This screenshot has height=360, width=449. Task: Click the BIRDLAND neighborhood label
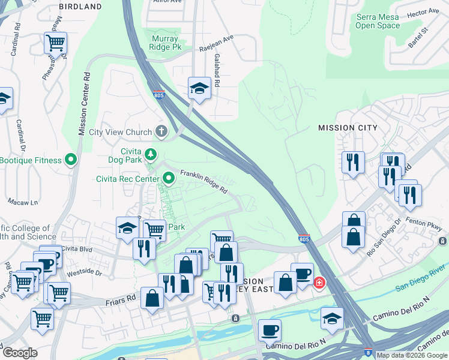click(x=80, y=7)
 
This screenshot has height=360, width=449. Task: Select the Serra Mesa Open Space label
click(x=378, y=22)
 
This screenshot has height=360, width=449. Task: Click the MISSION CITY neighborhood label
click(x=348, y=128)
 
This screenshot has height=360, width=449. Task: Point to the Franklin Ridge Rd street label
click(x=204, y=180)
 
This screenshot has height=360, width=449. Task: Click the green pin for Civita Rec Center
click(x=169, y=177)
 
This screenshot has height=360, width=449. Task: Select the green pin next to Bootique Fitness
click(x=71, y=160)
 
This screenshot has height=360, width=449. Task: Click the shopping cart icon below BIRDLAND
click(x=55, y=43)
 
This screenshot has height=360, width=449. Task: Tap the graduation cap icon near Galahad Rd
click(x=198, y=88)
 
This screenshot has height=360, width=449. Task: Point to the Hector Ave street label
click(x=423, y=12)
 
